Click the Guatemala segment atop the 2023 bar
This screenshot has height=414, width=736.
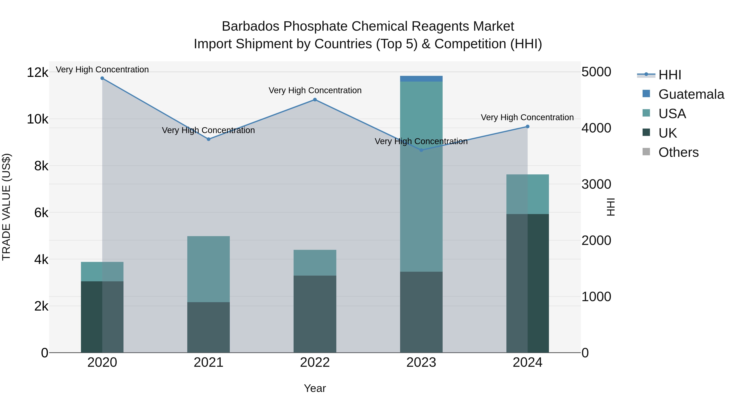click(x=421, y=79)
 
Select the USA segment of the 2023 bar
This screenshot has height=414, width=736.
click(x=421, y=177)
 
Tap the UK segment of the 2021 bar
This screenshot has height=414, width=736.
click(x=208, y=327)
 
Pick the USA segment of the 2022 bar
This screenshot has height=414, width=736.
click(x=315, y=263)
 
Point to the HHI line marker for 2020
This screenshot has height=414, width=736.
click(x=102, y=78)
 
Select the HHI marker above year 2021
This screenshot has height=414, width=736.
click(x=208, y=139)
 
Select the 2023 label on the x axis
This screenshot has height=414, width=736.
click(x=421, y=362)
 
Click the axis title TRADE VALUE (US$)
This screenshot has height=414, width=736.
click(x=6, y=207)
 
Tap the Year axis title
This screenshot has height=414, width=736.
click(x=315, y=388)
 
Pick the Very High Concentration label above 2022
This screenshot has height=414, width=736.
click(x=315, y=91)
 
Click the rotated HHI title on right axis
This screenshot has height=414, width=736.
click(x=610, y=207)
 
